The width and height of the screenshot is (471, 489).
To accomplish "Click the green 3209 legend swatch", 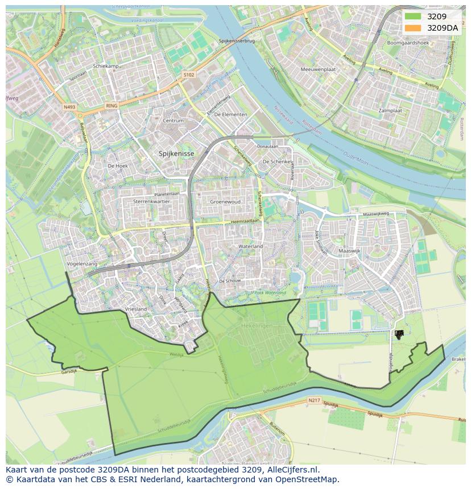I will [414, 17].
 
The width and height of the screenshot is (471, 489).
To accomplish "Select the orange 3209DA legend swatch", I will [414, 27].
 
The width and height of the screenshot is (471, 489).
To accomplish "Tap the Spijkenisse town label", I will [176, 153].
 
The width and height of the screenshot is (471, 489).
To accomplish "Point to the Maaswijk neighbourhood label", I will [349, 250].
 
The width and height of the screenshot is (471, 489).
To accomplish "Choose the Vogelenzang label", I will [82, 264].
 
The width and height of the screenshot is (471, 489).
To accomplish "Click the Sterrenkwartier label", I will [152, 202].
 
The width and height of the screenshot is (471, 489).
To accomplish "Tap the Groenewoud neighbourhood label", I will [225, 202].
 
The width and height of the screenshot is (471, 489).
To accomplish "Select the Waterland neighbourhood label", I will [251, 246].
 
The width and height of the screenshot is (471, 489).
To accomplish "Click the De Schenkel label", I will [276, 162].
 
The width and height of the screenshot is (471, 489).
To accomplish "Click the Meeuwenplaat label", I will [319, 69].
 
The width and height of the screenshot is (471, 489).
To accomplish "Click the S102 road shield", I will [189, 74].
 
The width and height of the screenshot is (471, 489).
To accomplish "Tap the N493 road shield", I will [69, 106].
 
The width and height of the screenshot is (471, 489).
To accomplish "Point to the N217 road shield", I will [314, 400].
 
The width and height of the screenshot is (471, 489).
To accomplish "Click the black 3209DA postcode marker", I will [399, 335].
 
